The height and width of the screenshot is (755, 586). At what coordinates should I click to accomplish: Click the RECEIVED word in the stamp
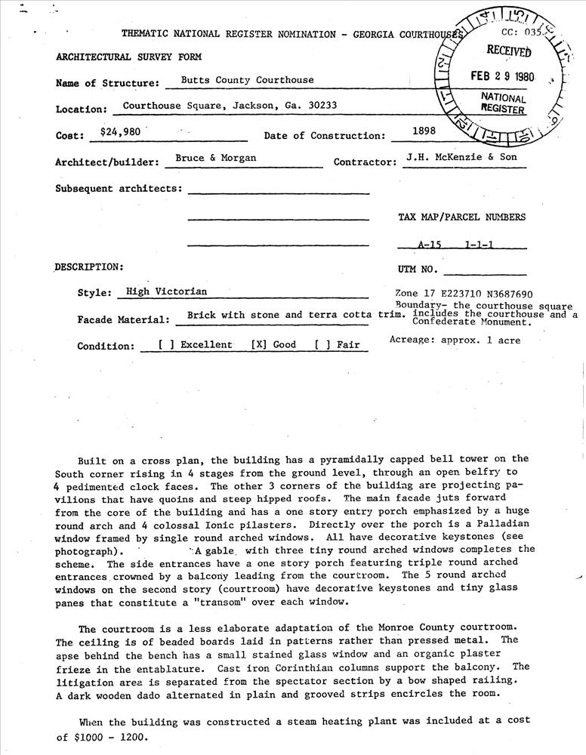pos(508,51)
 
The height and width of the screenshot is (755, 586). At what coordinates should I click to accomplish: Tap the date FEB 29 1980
pos(503,77)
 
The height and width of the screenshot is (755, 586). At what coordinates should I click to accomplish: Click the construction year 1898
pos(424,131)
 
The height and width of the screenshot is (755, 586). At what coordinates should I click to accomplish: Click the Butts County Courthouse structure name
pos(247,79)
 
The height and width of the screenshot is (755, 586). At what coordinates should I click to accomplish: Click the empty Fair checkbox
pos(322,345)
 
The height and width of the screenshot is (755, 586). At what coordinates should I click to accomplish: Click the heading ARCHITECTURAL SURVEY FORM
pos(128,57)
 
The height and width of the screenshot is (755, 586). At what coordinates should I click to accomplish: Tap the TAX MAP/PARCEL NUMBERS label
pos(461,217)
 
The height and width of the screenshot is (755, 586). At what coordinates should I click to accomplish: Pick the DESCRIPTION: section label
pos(88,267)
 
